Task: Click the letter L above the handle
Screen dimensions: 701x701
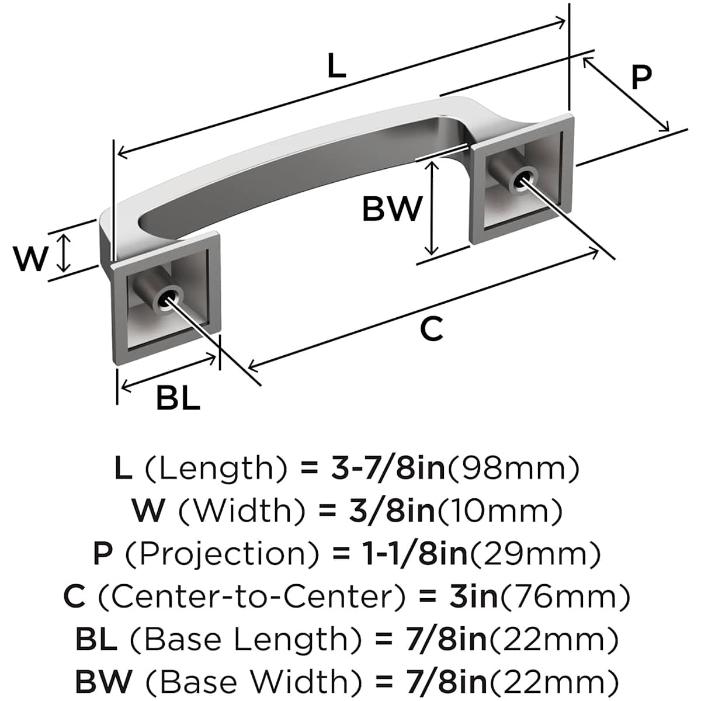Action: click(336, 66)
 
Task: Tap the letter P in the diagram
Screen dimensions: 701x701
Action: click(641, 77)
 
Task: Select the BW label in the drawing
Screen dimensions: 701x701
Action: click(391, 209)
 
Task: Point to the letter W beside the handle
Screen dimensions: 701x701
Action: click(30, 259)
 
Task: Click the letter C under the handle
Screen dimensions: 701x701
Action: click(432, 329)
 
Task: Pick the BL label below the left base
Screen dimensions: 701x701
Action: click(178, 399)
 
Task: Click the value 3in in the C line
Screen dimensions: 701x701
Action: click(474, 596)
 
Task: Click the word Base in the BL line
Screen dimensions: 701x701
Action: click(180, 639)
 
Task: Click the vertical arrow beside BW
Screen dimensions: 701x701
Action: click(431, 208)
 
